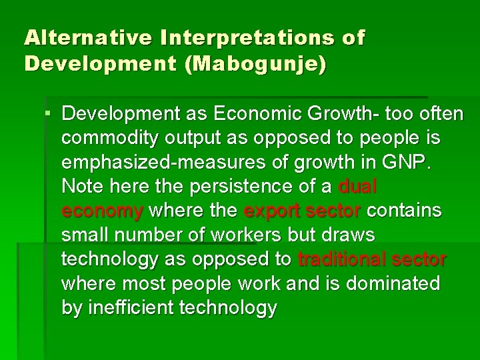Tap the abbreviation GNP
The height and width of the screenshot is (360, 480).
[416, 163]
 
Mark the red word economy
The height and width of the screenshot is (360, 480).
[102, 211]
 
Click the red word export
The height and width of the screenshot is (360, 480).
[273, 211]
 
